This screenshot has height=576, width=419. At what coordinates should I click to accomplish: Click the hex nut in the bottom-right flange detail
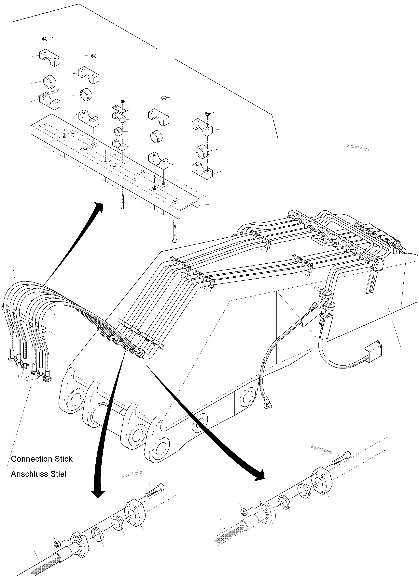(243, 511)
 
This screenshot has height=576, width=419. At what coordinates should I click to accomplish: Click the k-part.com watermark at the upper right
(358, 147)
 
